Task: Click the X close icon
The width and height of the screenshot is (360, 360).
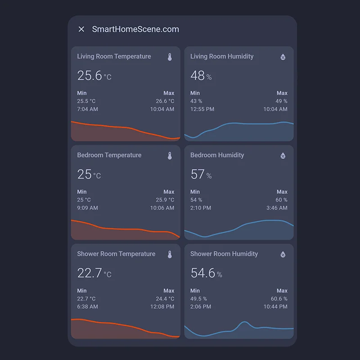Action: click(81, 29)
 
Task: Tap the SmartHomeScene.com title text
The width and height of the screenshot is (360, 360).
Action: click(135, 29)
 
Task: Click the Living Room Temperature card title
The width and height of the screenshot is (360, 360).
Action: click(114, 57)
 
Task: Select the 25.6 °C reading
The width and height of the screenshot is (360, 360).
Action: click(94, 76)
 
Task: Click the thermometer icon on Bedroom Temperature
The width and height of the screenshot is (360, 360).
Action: click(170, 156)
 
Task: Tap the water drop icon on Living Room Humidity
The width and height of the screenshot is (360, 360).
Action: click(283, 57)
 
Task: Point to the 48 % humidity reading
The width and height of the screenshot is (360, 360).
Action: click(201, 76)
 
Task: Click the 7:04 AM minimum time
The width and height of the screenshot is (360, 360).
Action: click(87, 109)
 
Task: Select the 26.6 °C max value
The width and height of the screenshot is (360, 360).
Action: click(165, 101)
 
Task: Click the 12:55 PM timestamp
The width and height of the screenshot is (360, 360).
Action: click(202, 109)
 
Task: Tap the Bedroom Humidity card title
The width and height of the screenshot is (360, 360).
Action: click(217, 155)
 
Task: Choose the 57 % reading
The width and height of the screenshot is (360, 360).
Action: click(201, 174)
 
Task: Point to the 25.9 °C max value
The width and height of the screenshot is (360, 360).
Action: click(165, 200)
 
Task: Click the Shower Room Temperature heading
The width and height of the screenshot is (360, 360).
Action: click(116, 254)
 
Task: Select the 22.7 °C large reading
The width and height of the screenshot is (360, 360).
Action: click(94, 273)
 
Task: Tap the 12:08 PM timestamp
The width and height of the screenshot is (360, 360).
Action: click(162, 306)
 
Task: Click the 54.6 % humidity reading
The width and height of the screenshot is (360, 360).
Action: click(206, 273)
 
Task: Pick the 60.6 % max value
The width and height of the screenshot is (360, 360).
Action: click(279, 299)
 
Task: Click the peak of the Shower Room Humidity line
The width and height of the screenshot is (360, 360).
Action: click(244, 322)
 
